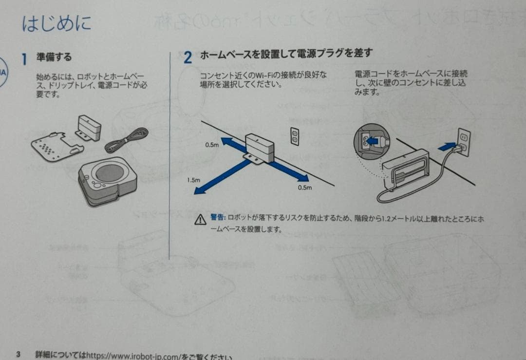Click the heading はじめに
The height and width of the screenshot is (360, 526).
[56, 23]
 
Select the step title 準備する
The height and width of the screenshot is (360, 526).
[54, 57]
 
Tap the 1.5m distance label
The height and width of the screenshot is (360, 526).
[194, 180]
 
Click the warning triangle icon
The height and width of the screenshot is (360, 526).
[200, 220]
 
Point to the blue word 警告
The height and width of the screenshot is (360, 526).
[217, 217]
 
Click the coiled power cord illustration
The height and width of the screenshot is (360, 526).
[127, 140]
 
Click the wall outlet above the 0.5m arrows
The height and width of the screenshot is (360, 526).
[294, 137]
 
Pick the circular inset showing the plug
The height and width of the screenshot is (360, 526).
[371, 141]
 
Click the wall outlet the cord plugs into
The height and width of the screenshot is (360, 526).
[464, 142]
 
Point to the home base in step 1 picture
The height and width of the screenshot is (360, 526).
[89, 127]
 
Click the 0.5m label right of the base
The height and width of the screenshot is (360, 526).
[304, 188]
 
